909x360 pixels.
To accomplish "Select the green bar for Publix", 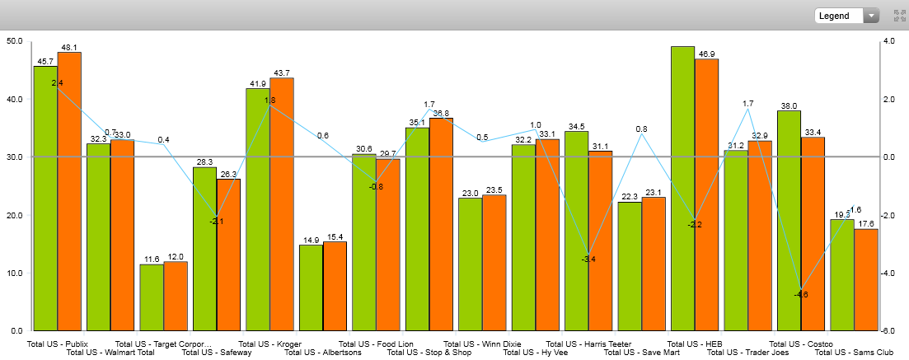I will (x=45, y=198).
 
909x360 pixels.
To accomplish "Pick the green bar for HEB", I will (x=682, y=189).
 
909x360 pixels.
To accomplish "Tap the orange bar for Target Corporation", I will (x=176, y=297).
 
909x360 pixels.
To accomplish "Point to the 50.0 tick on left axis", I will (x=15, y=40).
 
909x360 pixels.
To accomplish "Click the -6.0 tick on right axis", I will (x=889, y=331).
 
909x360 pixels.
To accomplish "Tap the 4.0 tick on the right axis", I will (x=889, y=40).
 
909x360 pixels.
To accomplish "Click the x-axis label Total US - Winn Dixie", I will (x=482, y=344).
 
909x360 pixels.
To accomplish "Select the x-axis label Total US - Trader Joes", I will (x=747, y=353).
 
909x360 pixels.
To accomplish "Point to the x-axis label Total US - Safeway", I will (x=217, y=353).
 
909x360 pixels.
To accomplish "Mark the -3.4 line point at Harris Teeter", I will (x=588, y=254).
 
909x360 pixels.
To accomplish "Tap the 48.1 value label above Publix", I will (x=69, y=47).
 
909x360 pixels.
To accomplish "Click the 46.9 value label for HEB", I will (x=707, y=54).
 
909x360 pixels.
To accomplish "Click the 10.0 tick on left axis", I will (x=15, y=274).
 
